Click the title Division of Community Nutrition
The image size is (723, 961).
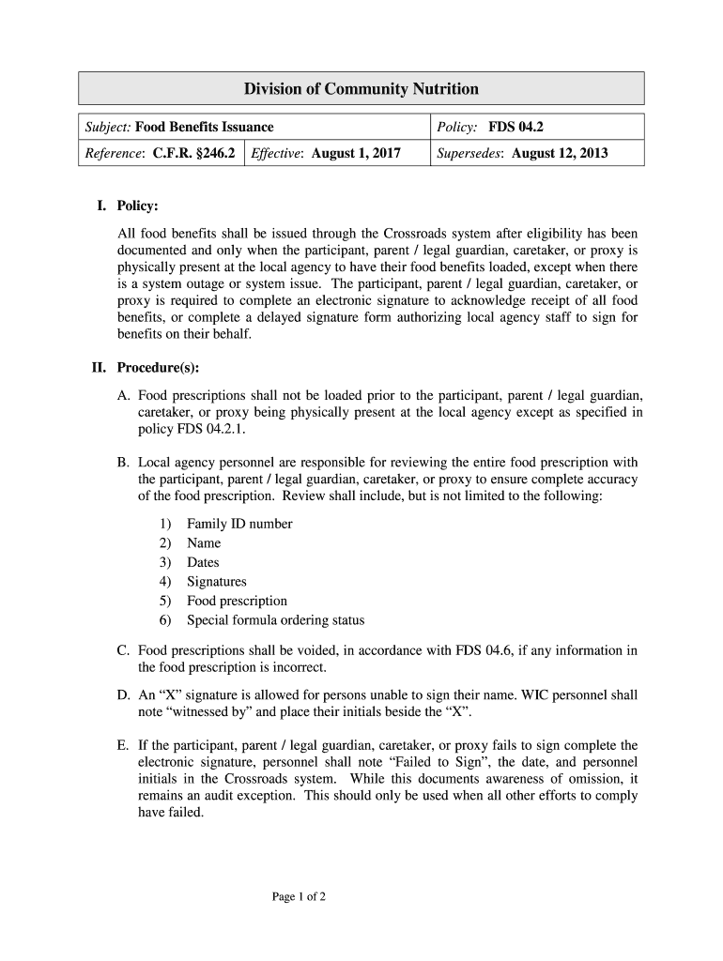[x=361, y=89]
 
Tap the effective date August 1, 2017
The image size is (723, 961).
[x=356, y=153]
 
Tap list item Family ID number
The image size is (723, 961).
[x=239, y=524]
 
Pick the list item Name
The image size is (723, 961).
[x=204, y=543]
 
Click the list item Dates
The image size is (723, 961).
[x=203, y=562]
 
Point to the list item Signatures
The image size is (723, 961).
[x=217, y=582]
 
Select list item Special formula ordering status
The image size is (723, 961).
[x=275, y=620]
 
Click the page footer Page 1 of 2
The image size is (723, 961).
[x=299, y=897]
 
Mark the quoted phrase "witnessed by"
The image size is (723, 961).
[x=224, y=713]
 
